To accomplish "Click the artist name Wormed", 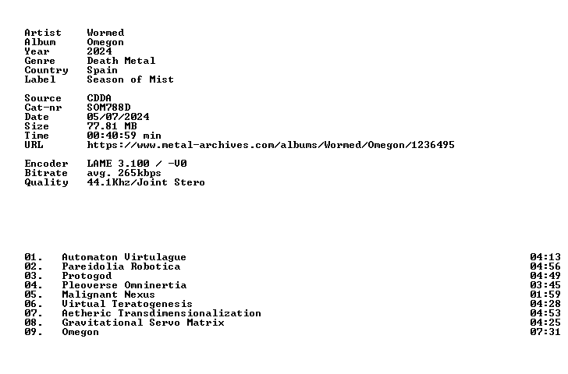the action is (105, 33).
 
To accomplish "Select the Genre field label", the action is (40, 61).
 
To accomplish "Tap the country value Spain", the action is (102, 70).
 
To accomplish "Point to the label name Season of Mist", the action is (130, 79).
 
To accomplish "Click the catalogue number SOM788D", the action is (108, 108).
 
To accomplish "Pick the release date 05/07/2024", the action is (118, 117).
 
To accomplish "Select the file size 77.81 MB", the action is (112, 126).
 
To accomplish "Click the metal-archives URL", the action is (271, 145).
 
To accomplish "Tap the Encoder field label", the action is (46, 164).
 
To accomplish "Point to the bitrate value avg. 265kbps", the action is (124, 173).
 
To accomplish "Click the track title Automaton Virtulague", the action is (124, 257).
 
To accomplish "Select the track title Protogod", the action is (87, 276).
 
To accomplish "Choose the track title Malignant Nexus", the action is (108, 295).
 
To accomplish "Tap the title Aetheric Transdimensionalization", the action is (162, 313).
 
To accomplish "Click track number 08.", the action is (34, 323).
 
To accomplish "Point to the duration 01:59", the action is (545, 295).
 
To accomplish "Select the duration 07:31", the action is (545, 332).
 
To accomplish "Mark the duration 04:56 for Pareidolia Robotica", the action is (545, 266).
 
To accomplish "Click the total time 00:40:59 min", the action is (124, 136).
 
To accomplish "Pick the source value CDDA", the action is (99, 98).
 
